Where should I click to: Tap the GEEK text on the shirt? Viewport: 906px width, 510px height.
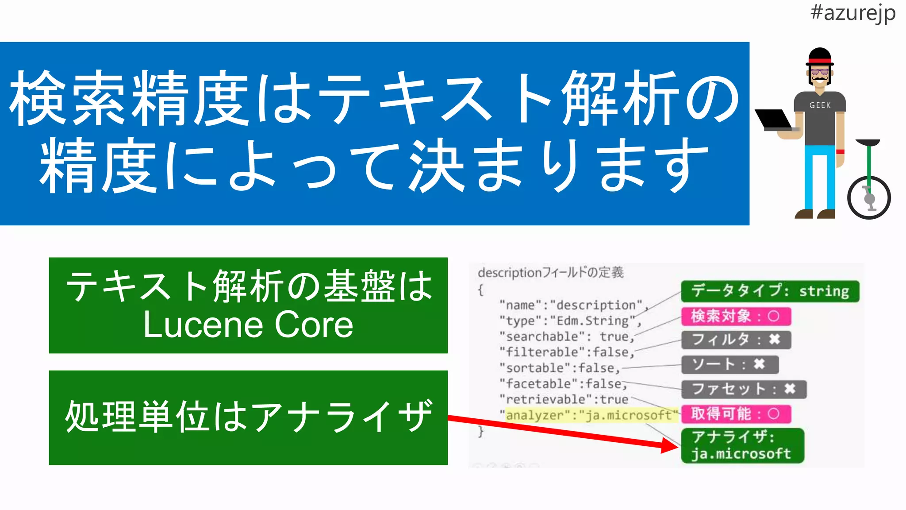click(820, 105)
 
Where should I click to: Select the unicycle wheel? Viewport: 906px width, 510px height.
click(868, 197)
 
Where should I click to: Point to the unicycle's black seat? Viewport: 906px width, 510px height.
click(868, 143)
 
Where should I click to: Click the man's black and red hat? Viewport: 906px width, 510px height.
click(819, 57)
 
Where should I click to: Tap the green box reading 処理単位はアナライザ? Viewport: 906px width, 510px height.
click(248, 417)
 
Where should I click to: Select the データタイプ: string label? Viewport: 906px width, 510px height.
click(770, 291)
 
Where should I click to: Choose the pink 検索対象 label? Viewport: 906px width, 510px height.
click(736, 316)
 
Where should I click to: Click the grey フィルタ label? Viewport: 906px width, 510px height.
click(736, 340)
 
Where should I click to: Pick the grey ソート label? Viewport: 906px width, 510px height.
click(729, 365)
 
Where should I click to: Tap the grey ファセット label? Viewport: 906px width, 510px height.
click(744, 389)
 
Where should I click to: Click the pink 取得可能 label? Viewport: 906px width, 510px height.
click(736, 414)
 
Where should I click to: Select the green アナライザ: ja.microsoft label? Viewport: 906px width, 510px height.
click(742, 445)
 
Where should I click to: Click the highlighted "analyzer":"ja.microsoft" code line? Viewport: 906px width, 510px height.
click(591, 415)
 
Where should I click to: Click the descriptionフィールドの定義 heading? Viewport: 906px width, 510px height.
click(551, 272)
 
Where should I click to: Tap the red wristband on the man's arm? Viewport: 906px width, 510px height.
click(840, 152)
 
